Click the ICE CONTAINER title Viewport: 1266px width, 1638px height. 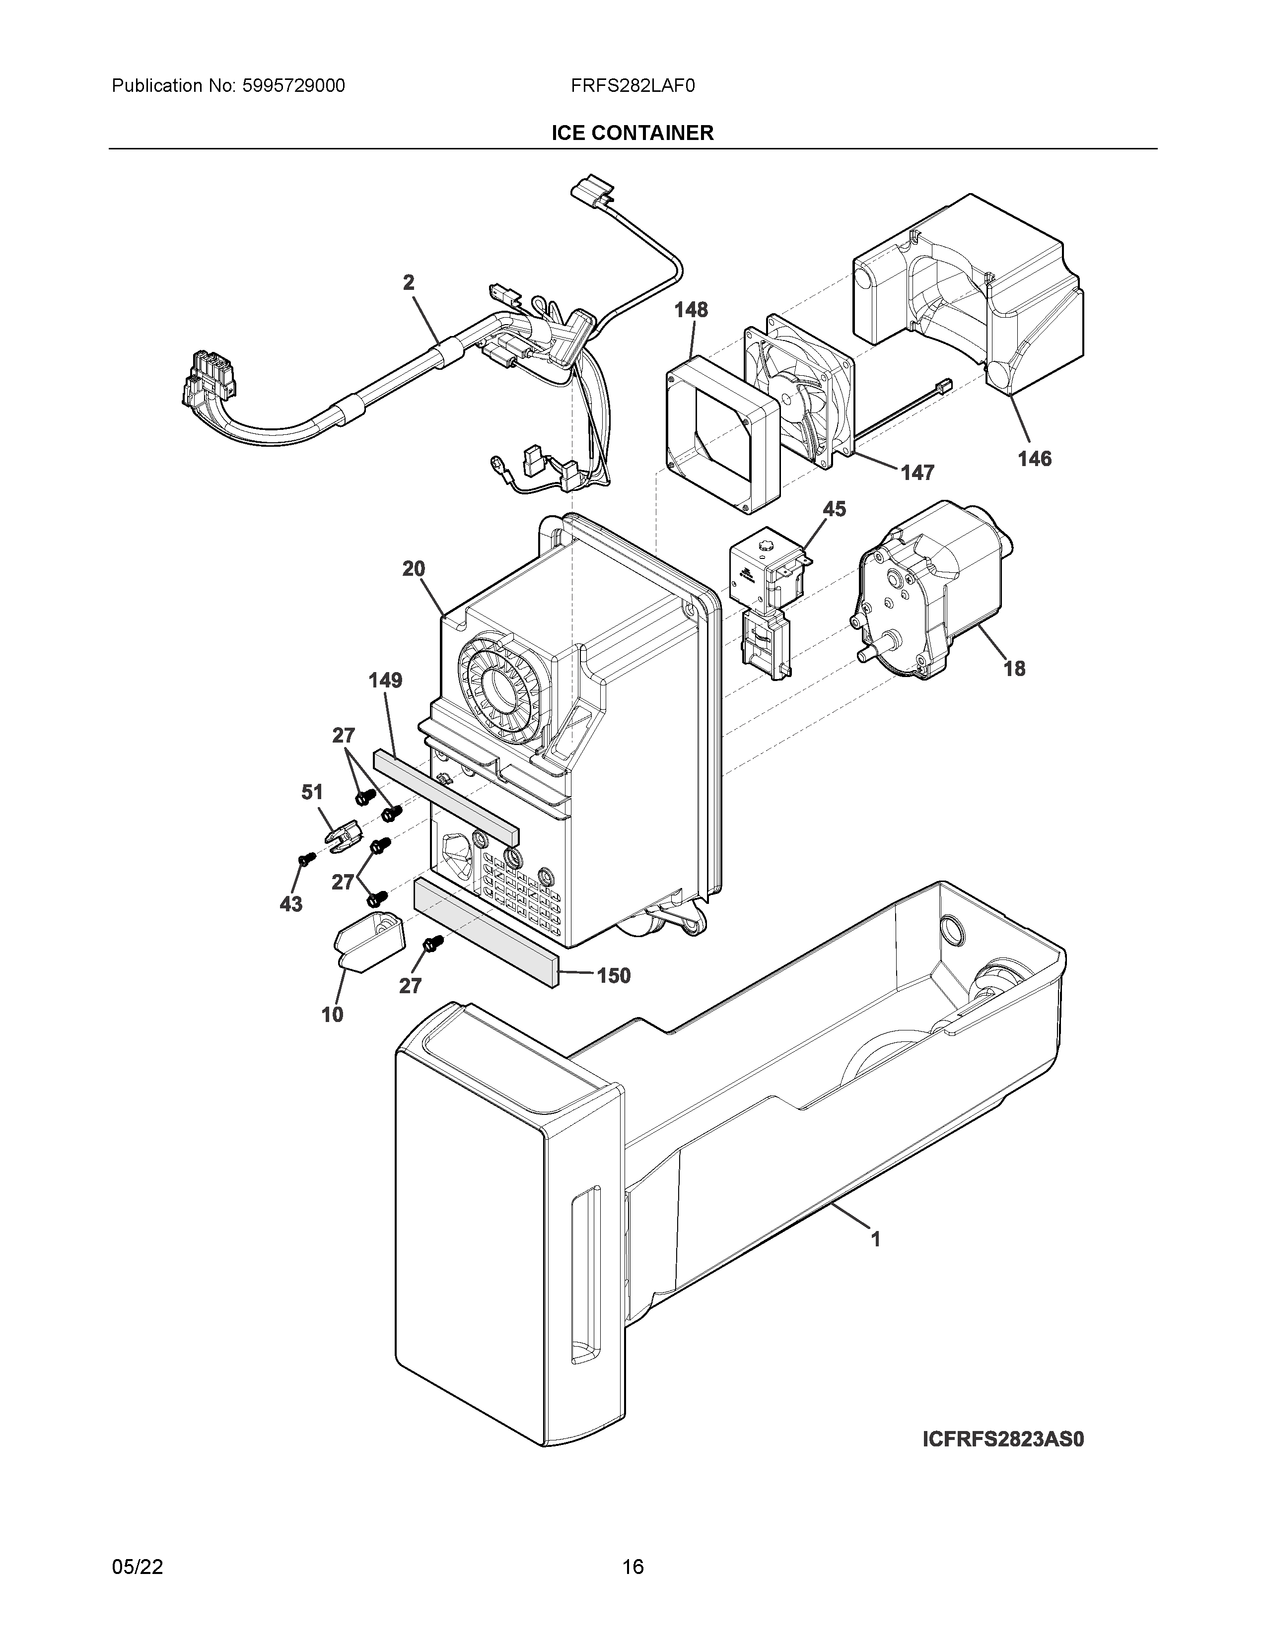pos(632,133)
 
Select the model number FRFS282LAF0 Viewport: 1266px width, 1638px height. pos(632,86)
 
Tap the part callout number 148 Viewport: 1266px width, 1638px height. pos(691,310)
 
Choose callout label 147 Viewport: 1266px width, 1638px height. pos(917,473)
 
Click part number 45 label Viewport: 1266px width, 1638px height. pos(834,509)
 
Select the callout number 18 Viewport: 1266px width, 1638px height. pos(1014,668)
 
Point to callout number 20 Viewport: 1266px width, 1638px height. pos(413,569)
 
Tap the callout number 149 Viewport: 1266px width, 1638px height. pos(385,680)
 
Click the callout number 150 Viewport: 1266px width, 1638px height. pos(614,976)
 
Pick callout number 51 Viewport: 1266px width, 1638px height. pos(312,792)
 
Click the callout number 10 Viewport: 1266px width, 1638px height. pos(332,1015)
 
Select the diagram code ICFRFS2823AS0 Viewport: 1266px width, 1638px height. pos(1003,1439)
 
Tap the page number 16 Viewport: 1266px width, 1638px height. pos(632,1567)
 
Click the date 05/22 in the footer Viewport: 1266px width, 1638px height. pos(137,1567)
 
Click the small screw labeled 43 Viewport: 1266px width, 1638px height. pos(304,861)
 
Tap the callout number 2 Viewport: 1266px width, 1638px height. pos(409,283)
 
